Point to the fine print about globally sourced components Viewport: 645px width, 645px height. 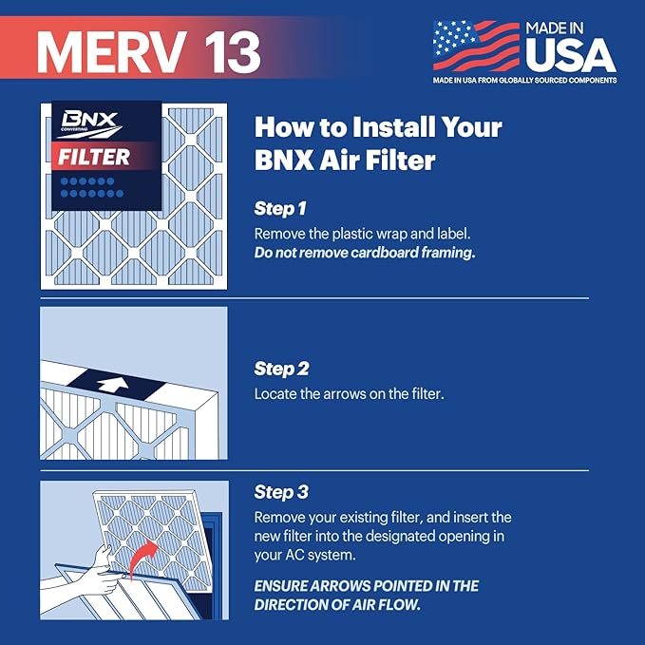pyautogui.click(x=524, y=81)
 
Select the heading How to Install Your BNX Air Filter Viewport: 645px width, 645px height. pyautogui.click(x=378, y=143)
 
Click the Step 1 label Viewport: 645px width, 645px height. pyautogui.click(x=280, y=207)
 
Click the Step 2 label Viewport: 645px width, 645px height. pyautogui.click(x=281, y=368)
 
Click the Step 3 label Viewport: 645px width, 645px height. pyautogui.click(x=281, y=492)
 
